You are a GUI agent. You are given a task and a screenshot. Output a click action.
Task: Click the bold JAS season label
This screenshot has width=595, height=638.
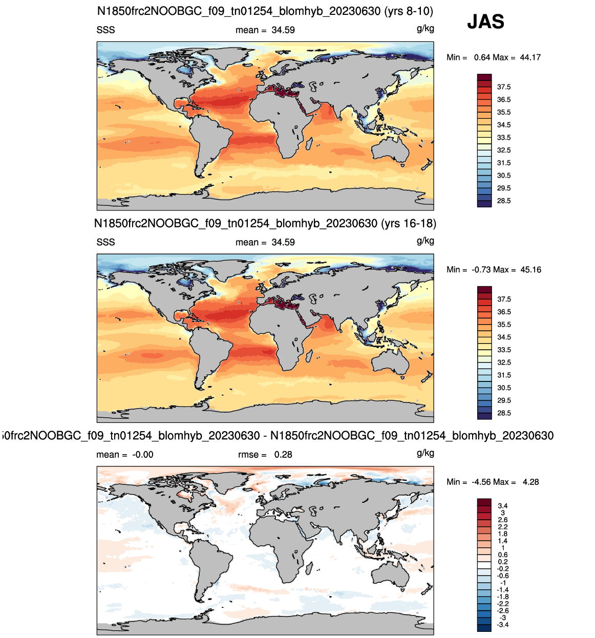(x=485, y=22)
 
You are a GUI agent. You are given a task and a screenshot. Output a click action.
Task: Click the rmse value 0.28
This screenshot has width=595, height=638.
(x=283, y=455)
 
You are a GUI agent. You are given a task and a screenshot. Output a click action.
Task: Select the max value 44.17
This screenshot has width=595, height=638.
(x=530, y=57)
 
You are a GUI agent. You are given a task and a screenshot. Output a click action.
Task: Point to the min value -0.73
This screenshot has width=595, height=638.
(x=481, y=269)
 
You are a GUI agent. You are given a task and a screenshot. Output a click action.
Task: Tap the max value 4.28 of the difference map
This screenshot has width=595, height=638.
(x=530, y=482)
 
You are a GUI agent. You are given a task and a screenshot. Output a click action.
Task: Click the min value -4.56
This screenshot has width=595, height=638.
(x=481, y=482)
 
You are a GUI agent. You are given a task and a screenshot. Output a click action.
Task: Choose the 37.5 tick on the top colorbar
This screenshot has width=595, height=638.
(x=504, y=87)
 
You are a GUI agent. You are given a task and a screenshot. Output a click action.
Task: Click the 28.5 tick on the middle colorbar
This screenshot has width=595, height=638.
(x=504, y=413)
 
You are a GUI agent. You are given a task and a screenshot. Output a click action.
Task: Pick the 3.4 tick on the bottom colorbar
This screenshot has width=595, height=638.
(x=503, y=506)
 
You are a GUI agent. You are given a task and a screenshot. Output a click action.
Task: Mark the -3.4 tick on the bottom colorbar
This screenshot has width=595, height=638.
(x=502, y=625)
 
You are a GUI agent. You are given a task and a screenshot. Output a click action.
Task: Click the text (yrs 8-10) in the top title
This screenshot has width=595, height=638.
(x=408, y=12)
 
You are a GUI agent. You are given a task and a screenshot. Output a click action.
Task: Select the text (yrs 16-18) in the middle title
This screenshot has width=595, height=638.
(x=408, y=224)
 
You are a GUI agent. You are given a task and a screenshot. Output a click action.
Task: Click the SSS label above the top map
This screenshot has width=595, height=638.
(x=105, y=30)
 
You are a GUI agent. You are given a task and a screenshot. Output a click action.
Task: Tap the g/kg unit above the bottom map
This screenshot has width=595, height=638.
(x=425, y=453)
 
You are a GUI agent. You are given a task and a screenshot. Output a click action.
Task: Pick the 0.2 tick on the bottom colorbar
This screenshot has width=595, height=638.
(x=503, y=562)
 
